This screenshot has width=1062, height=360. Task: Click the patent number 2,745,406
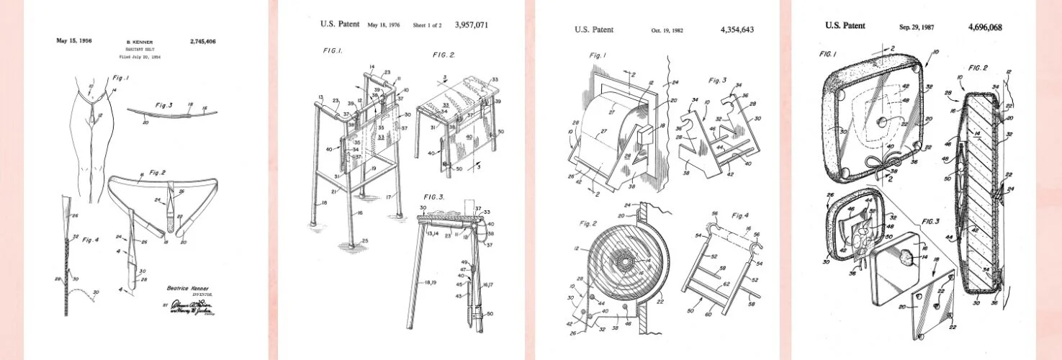tap(202, 41)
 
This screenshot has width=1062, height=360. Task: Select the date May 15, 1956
tap(74, 41)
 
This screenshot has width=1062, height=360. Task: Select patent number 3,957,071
tap(472, 24)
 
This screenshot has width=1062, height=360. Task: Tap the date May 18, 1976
tap(384, 25)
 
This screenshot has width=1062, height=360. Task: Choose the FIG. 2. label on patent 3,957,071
tap(444, 55)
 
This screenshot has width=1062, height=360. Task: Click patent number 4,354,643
tap(737, 30)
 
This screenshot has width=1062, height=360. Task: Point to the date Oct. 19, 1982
tap(666, 30)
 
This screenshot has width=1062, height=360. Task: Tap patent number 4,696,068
tap(984, 27)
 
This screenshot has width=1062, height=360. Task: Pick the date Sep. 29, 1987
tap(916, 27)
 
